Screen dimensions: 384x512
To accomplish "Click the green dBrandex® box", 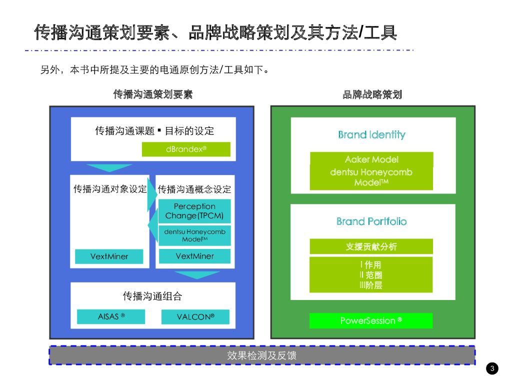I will tap(186, 149).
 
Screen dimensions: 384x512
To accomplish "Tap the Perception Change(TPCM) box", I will tap(194, 211).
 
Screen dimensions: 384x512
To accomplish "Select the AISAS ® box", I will tap(111, 316).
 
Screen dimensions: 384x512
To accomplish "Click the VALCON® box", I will tap(195, 317).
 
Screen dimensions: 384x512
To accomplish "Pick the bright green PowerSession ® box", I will tap(371, 320).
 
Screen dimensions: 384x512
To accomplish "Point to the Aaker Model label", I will tap(371, 159).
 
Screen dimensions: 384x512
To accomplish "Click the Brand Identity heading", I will tap(371, 134).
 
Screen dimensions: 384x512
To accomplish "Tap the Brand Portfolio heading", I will tap(371, 221).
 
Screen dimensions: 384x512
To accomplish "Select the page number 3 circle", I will tap(492, 369).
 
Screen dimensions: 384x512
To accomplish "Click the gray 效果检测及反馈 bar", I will tap(261, 355).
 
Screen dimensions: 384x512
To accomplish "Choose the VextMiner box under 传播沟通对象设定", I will tap(109, 256).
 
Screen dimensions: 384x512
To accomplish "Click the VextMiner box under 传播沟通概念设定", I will tap(194, 256).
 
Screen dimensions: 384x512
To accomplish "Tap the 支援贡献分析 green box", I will tap(371, 246).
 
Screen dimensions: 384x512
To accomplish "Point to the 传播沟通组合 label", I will tap(152, 296).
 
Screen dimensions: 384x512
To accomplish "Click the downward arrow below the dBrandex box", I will tap(109, 167).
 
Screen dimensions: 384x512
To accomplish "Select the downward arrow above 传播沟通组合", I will tap(197, 274).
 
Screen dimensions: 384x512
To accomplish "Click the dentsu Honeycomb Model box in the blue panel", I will tap(194, 235).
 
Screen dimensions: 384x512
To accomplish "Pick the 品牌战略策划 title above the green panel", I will tap(372, 94).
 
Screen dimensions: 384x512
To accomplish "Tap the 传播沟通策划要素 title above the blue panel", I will tap(152, 94).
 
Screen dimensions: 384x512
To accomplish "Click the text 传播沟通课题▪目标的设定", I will tap(154, 131).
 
